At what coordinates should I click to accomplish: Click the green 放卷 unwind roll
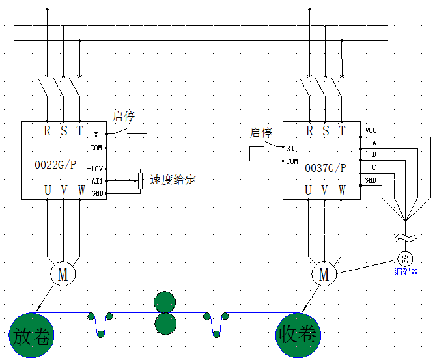coord(31,336)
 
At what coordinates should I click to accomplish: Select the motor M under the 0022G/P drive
coord(63,274)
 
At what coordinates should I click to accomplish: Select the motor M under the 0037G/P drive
coord(324,275)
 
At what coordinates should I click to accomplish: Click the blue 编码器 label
coord(406,272)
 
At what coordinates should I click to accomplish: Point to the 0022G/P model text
coord(54,166)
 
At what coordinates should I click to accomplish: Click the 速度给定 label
coord(173,180)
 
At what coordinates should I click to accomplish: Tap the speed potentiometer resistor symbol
coord(140,180)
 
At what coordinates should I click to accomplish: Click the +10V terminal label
coord(95,169)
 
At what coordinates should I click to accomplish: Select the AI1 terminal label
coord(97,181)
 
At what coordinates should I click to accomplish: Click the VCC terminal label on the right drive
coord(371,130)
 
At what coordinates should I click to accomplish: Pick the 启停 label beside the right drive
coord(260,133)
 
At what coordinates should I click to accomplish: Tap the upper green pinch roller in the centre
coord(164,303)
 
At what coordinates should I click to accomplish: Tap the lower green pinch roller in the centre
coord(164,323)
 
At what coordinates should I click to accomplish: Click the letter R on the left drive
coord(47,131)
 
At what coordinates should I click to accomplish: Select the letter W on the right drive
coord(342,190)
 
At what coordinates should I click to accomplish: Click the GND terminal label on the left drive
coord(97,193)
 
